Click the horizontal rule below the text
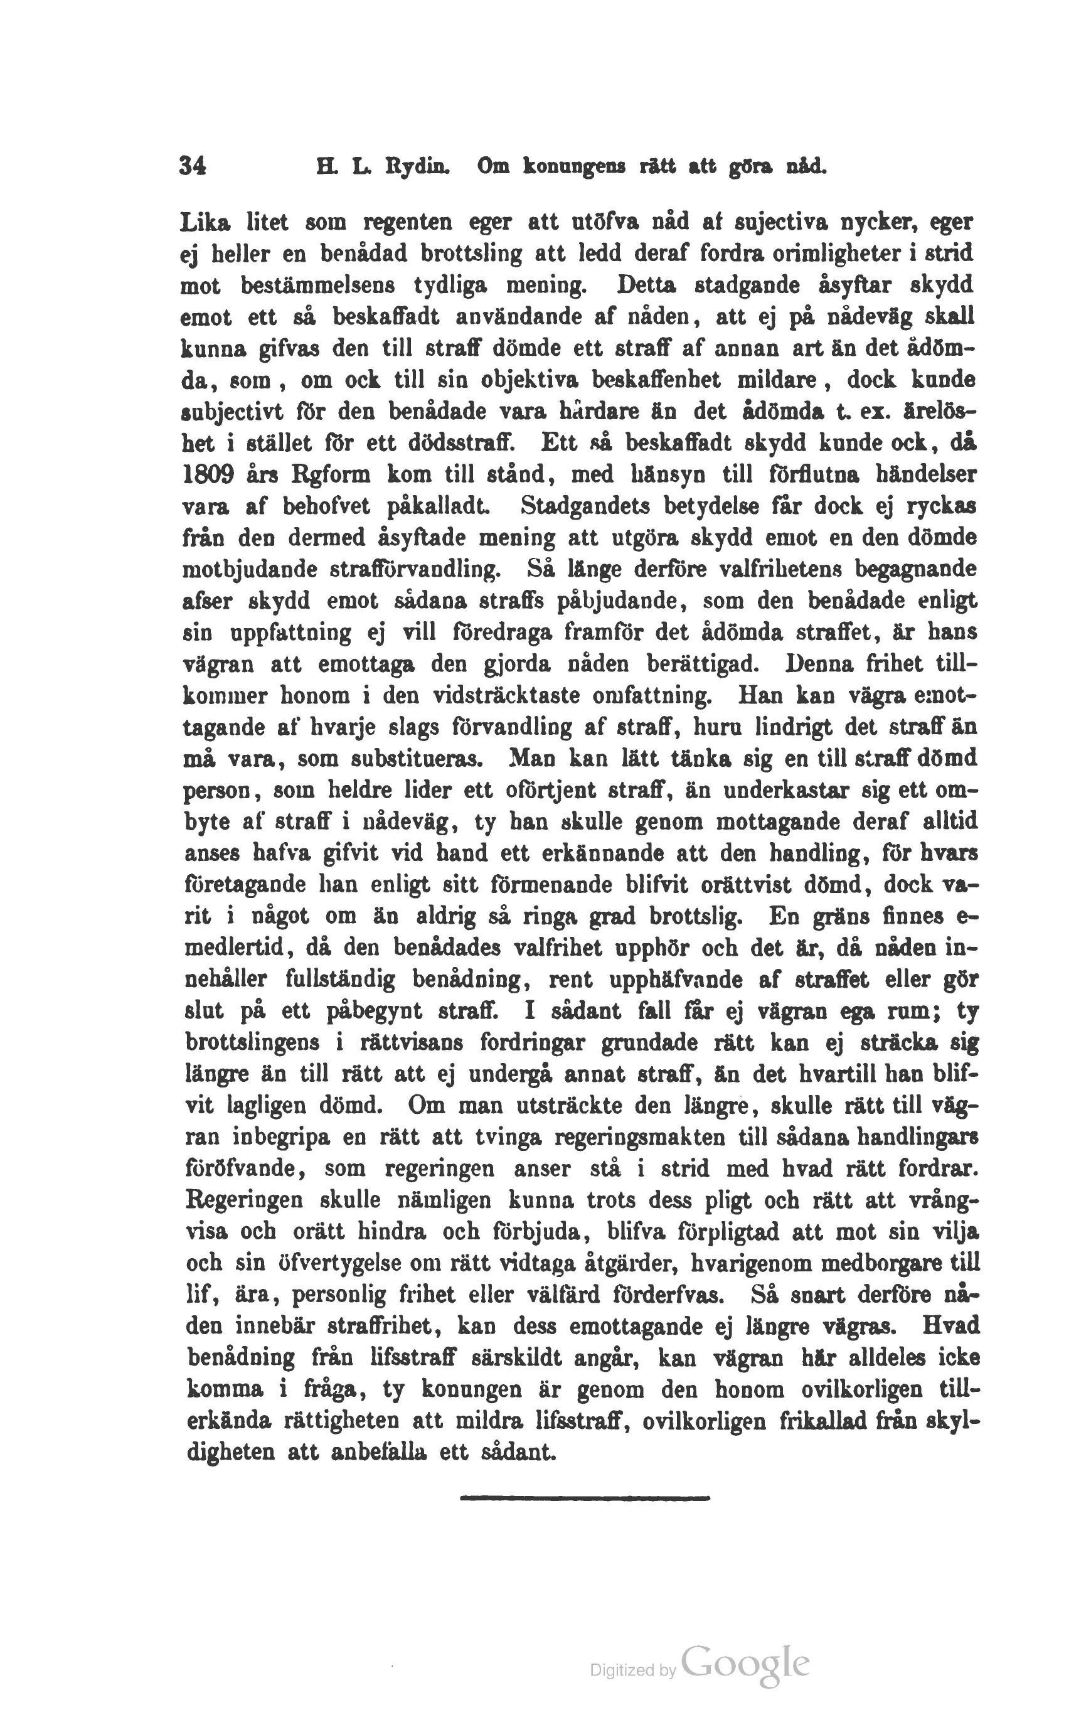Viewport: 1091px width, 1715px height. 585,1499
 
